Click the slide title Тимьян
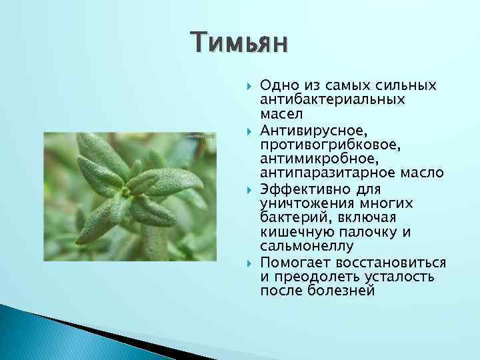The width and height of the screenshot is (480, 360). coord(239,43)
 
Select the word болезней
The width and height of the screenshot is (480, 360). coord(343,291)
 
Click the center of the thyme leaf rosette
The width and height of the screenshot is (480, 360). coord(124,192)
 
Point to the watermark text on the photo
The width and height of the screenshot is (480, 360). coord(199,137)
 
